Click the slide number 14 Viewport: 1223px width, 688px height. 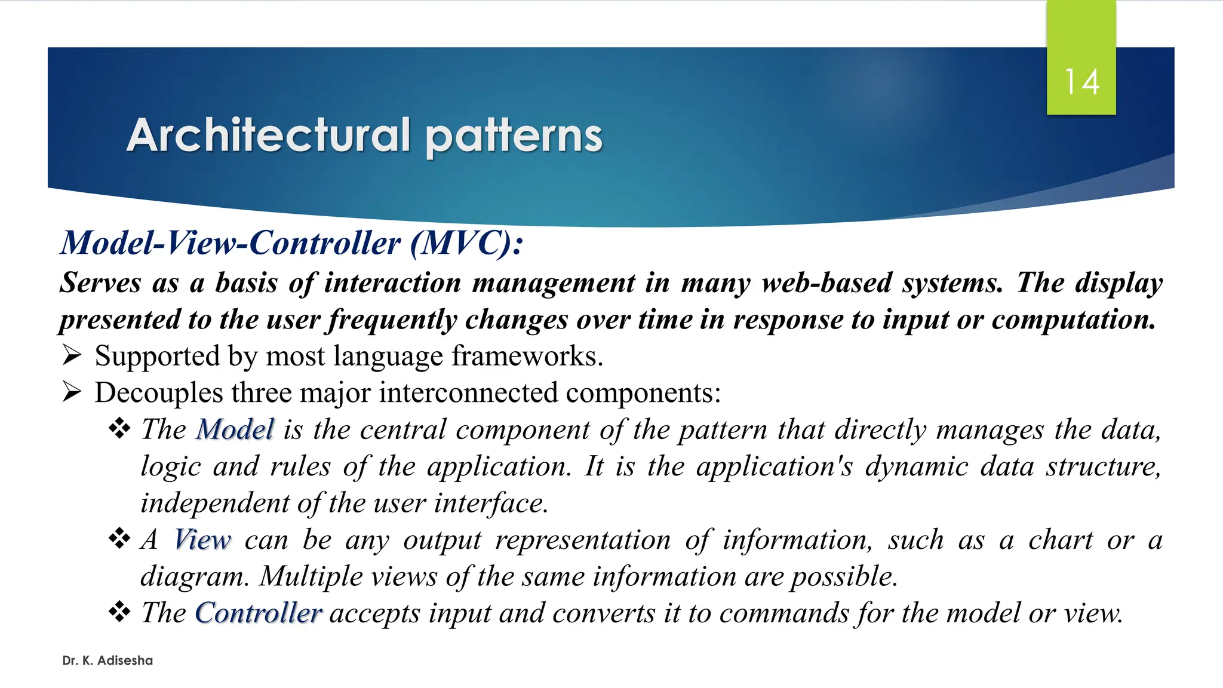(1081, 82)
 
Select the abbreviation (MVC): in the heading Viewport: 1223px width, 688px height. (466, 244)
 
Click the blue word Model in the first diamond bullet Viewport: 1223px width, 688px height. (235, 429)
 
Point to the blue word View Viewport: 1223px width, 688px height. (202, 540)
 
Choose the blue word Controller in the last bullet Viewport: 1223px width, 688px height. (259, 613)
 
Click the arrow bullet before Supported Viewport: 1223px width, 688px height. (72, 356)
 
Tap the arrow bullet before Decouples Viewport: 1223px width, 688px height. (72, 392)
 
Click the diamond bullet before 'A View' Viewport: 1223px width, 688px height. (119, 539)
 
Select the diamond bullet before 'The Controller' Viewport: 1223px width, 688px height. (119, 612)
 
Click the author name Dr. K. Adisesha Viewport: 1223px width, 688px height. (107, 661)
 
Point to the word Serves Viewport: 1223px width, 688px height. (100, 283)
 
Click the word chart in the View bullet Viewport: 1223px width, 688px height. (1060, 540)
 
